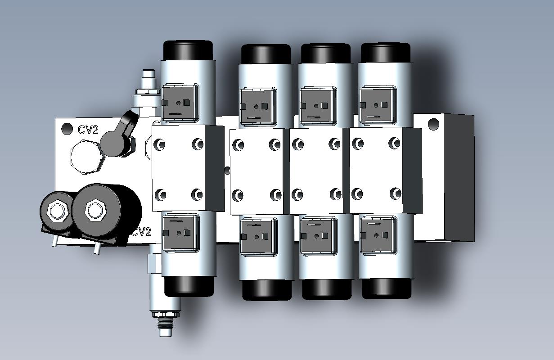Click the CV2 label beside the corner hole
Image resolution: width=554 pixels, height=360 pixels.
[x=88, y=130]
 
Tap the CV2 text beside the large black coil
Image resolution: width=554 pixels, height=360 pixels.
[x=142, y=232]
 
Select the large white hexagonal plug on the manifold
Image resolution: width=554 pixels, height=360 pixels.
[x=87, y=157]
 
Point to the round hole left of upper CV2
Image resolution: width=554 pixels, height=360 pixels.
[x=67, y=129]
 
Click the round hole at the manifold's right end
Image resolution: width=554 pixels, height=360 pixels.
[x=433, y=124]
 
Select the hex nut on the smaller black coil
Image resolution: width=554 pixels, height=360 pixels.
[x=58, y=211]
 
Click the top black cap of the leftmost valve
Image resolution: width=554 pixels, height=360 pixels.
[x=188, y=51]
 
